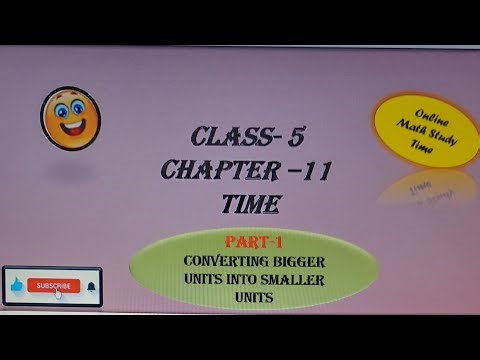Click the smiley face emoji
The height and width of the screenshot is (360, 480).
tap(70, 117)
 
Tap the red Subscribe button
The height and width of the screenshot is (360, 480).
tap(53, 286)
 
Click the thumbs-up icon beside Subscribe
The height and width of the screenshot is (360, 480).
tap(16, 287)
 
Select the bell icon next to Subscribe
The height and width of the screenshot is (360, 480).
tap(92, 286)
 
